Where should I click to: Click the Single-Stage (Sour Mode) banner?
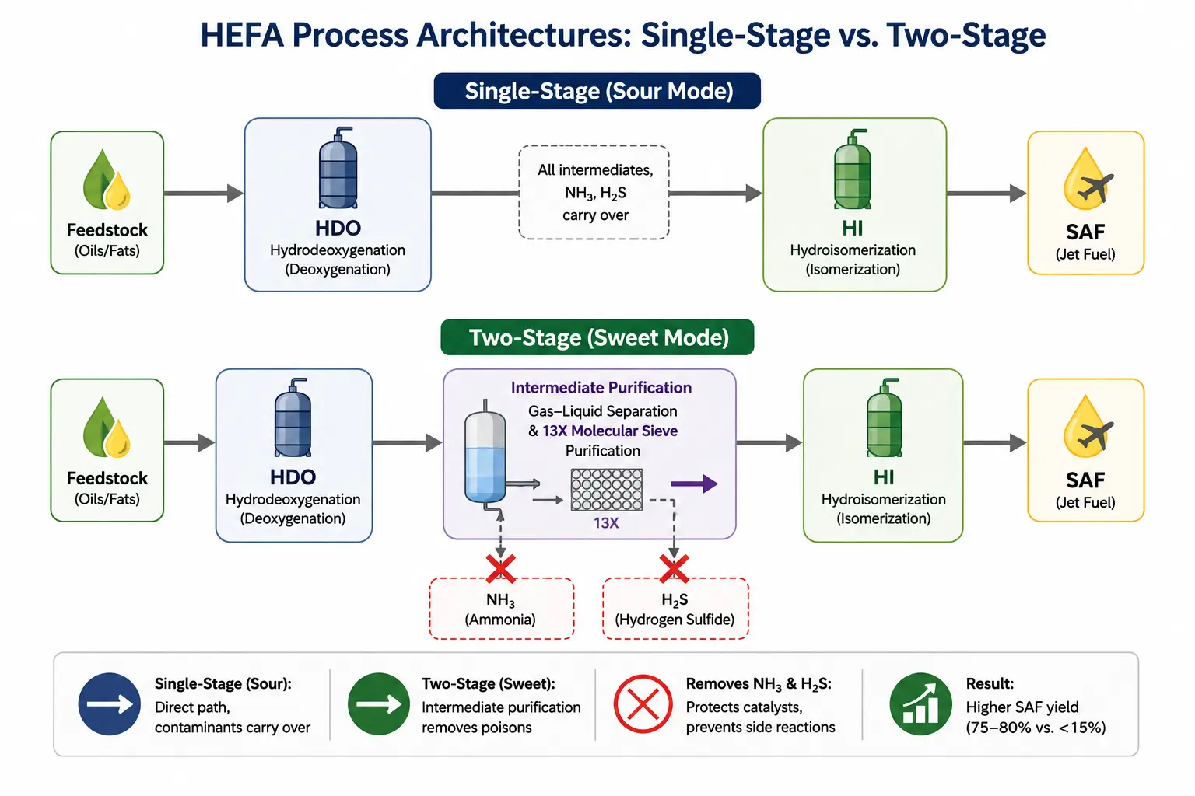[597, 91]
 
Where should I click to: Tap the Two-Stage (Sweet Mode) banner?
[597, 337]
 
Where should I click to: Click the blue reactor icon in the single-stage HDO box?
[338, 168]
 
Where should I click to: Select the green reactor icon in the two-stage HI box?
[884, 417]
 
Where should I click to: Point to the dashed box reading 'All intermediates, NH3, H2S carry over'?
[594, 193]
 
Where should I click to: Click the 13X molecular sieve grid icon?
[607, 490]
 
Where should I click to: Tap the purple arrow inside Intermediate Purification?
[694, 484]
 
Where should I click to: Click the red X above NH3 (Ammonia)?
[500, 568]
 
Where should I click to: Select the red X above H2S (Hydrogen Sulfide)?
[674, 568]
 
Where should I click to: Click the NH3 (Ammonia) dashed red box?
[502, 609]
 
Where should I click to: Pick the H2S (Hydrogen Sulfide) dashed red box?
[675, 609]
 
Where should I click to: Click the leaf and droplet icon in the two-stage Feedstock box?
[107, 427]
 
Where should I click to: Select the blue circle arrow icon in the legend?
[110, 704]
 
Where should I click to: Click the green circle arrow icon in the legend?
[379, 704]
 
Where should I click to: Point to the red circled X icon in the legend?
[643, 704]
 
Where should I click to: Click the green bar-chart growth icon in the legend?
[921, 704]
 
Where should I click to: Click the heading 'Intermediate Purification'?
[601, 388]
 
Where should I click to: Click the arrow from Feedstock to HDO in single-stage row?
[204, 193]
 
